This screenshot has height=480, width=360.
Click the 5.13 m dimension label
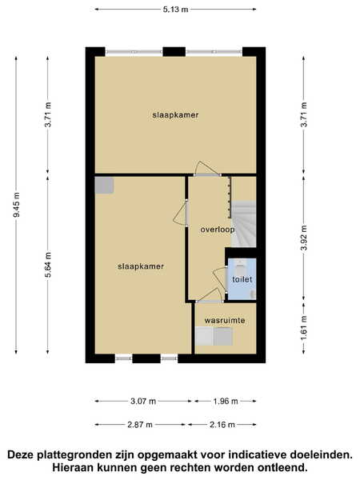point(175,10)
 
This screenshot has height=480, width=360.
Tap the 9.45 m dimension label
point(17,205)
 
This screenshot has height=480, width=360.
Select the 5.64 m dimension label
point(48,265)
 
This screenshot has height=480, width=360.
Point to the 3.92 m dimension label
point(304,238)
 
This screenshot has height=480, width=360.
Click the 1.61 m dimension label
point(304,328)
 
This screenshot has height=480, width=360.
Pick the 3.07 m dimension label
point(143,401)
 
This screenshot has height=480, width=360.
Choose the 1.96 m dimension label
point(226,401)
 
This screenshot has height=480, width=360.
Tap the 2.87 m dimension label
point(140,425)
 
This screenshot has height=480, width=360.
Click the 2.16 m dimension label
point(222,425)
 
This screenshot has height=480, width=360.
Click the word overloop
point(218,230)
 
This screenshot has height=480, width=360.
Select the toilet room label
point(242,279)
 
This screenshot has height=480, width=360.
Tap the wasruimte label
point(225,321)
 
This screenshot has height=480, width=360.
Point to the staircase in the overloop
point(243,224)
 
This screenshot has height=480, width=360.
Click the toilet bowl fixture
point(240,269)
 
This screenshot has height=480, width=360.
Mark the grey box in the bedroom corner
point(104,186)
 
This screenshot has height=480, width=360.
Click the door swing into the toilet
point(220,280)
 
